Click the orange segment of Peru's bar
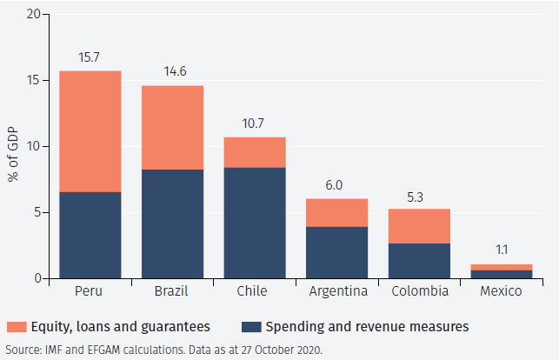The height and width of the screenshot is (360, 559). pyautogui.click(x=90, y=131)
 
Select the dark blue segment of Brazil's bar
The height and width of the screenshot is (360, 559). pyautogui.click(x=172, y=224)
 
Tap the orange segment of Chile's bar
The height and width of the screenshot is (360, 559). pyautogui.click(x=255, y=152)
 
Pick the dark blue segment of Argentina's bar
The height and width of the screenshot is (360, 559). pyautogui.click(x=336, y=252)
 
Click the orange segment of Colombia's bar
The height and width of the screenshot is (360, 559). pyautogui.click(x=419, y=226)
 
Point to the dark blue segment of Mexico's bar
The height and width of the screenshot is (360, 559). pyautogui.click(x=501, y=274)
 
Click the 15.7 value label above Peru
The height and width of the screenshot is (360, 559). pyautogui.click(x=90, y=57)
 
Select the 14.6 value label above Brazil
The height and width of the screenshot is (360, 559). pyautogui.click(x=172, y=71)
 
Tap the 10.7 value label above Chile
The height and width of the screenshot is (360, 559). pyautogui.click(x=255, y=123)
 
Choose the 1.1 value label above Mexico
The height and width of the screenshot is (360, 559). pyautogui.click(x=501, y=250)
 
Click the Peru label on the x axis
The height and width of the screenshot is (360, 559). pyautogui.click(x=90, y=291)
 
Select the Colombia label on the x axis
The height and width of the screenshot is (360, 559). pyautogui.click(x=419, y=291)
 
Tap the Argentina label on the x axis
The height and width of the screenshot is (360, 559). pyautogui.click(x=336, y=291)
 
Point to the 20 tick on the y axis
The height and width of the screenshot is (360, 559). pyautogui.click(x=33, y=15)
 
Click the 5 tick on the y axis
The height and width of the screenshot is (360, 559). pyautogui.click(x=37, y=213)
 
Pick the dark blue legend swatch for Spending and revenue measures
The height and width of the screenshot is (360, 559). pyautogui.click(x=251, y=327)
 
